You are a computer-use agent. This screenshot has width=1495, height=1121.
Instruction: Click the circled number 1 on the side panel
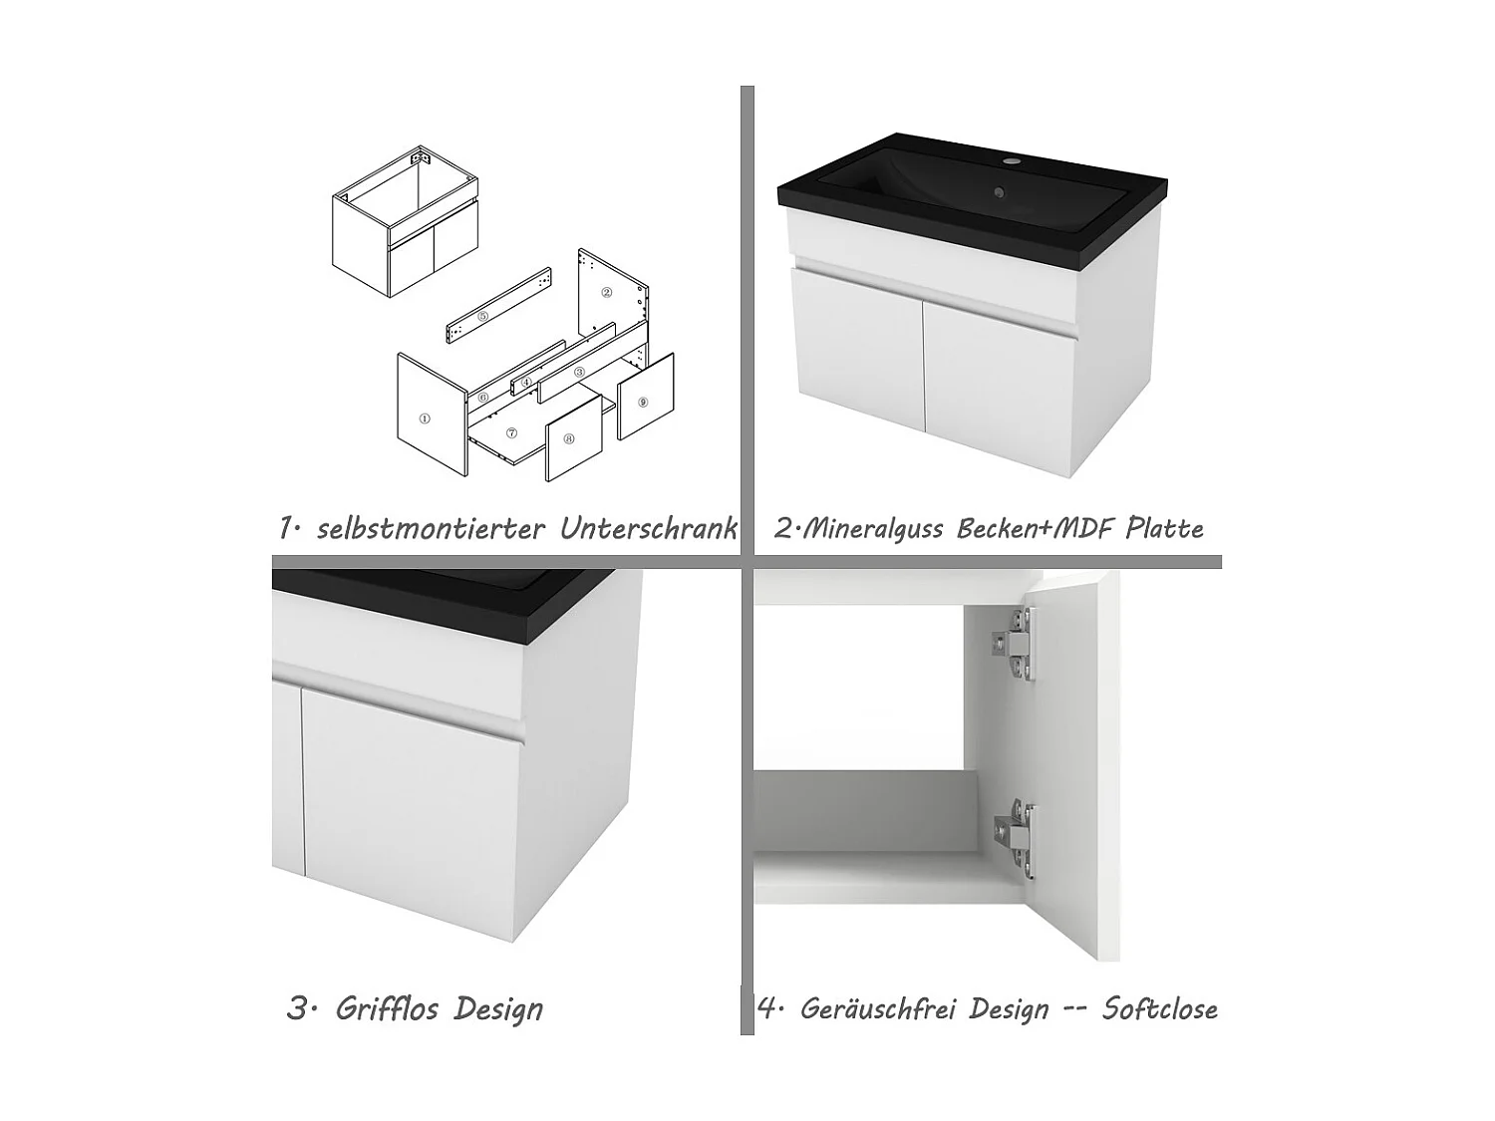[x=425, y=419]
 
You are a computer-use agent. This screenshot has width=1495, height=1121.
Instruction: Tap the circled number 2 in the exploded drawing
[x=606, y=293]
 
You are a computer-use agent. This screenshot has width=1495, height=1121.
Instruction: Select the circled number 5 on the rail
[x=483, y=316]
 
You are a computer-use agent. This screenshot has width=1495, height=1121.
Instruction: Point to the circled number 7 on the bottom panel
[x=511, y=433]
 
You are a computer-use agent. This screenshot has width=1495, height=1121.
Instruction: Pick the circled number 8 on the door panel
[x=568, y=438]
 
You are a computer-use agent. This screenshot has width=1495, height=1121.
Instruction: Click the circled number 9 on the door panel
[x=643, y=402]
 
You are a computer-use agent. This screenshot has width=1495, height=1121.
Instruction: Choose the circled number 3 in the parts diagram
[x=579, y=371]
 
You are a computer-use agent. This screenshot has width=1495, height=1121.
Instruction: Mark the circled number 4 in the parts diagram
[x=525, y=382]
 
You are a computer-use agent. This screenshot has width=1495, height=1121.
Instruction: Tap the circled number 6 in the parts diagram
[x=483, y=397]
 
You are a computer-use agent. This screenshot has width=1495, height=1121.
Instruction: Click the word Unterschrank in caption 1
[x=648, y=528]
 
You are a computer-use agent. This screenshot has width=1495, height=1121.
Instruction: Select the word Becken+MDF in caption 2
[x=1037, y=528]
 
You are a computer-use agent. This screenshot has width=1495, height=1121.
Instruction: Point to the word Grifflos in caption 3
[x=387, y=1008]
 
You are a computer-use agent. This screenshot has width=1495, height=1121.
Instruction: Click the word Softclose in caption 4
[x=1159, y=1008]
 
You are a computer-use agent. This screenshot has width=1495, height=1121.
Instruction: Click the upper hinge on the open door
[x=1015, y=647]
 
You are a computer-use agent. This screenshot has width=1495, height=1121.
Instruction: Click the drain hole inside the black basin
[x=998, y=195]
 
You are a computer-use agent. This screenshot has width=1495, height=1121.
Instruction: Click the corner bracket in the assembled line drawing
[x=421, y=156]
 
